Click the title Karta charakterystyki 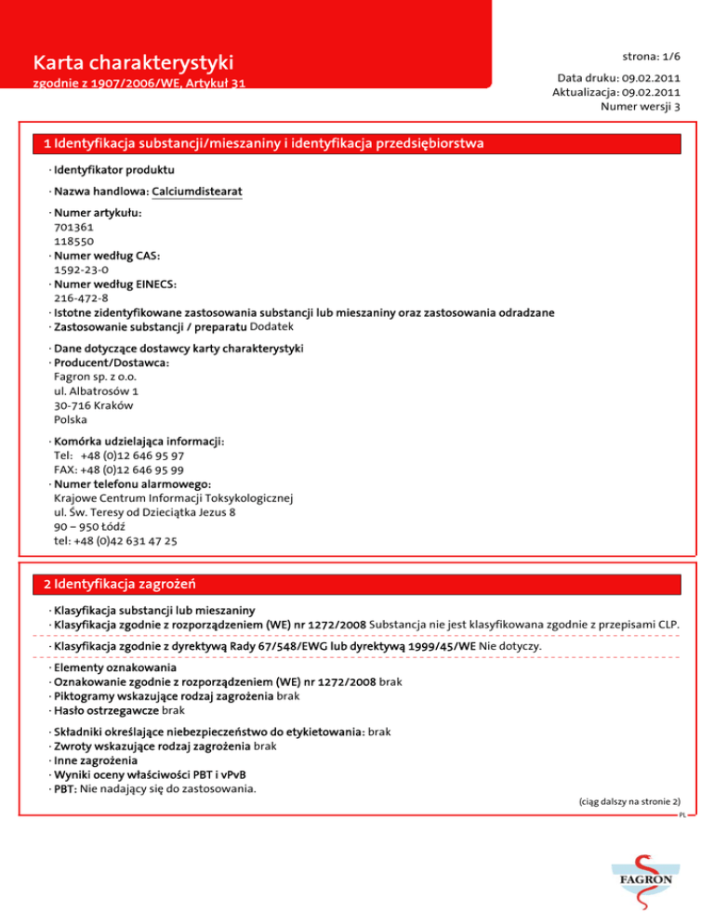(x=132, y=63)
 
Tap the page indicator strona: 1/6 (x=650, y=55)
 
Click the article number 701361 (x=73, y=226)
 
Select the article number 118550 (x=73, y=240)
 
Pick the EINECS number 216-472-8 (x=81, y=298)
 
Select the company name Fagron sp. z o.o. (x=94, y=377)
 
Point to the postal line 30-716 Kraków (x=93, y=405)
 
